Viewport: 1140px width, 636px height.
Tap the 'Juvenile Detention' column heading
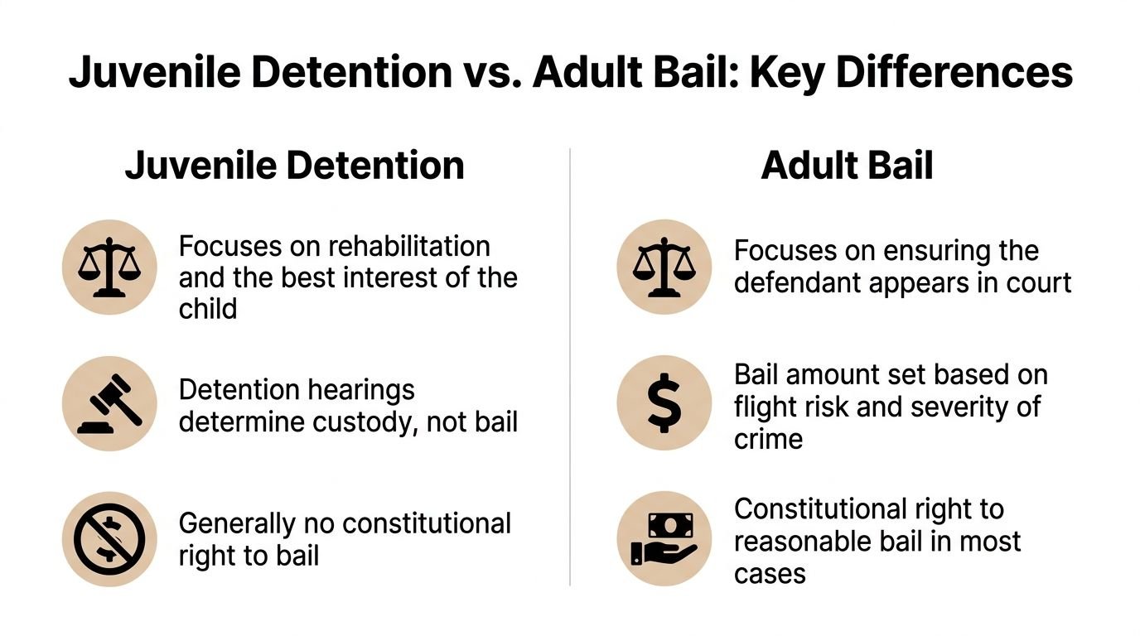294,165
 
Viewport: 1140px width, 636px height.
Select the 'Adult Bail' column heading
847,165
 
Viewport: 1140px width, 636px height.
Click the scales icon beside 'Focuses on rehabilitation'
109,267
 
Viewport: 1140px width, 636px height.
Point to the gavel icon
109,404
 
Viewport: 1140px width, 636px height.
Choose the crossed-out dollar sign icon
109,539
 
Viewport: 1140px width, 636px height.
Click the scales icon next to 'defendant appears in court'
664,267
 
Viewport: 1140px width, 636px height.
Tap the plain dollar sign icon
664,404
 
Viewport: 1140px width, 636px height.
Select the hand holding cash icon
664,539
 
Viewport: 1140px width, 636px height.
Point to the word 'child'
208,308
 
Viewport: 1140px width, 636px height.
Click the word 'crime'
768,438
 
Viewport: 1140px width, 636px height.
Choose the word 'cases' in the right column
770,573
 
